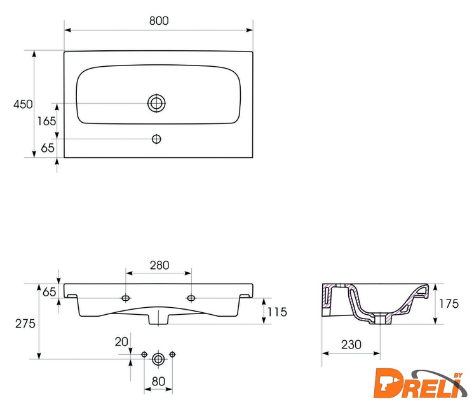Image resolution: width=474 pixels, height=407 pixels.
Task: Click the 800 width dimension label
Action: (x=159, y=20)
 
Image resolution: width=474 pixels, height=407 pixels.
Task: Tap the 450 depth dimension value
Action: (x=23, y=104)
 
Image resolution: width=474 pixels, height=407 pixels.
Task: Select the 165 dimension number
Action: (x=46, y=121)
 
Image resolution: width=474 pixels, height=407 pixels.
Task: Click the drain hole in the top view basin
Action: (x=156, y=103)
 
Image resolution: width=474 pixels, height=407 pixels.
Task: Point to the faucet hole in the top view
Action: (x=156, y=139)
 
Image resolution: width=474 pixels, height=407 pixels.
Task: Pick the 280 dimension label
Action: (x=159, y=265)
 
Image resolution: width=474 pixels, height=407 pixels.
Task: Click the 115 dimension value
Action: (x=277, y=312)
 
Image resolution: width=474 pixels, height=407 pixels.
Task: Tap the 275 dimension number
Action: (x=25, y=324)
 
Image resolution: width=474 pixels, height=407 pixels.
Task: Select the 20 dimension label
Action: (x=121, y=342)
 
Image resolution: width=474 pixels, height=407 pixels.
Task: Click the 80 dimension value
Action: (x=158, y=382)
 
